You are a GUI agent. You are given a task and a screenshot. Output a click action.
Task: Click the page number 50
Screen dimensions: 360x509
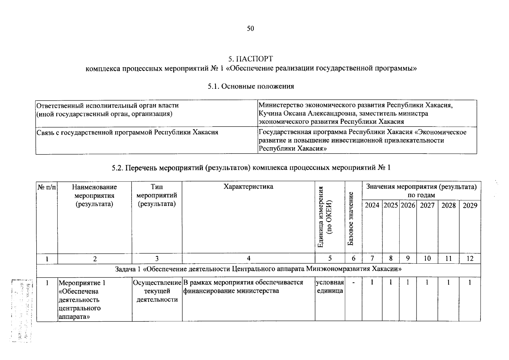pos(250,28)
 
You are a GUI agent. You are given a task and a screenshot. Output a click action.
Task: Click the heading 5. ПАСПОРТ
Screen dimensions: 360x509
pos(251,58)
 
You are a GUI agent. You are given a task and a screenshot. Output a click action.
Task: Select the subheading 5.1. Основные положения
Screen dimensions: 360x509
pos(251,86)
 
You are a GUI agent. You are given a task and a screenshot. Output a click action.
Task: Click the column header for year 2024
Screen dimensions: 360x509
pos(372,205)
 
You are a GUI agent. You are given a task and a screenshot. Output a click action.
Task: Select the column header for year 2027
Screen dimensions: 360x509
pos(427,205)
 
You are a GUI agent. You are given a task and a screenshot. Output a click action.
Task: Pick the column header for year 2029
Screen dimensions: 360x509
pos(470,205)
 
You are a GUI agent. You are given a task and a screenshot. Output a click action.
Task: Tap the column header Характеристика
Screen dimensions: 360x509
pos(248,187)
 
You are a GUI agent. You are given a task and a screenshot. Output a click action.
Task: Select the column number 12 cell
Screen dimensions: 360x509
pos(470,258)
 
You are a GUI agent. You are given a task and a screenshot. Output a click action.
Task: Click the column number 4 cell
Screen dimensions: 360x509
pos(248,258)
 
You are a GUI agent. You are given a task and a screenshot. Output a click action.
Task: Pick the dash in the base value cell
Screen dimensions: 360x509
pos(353,283)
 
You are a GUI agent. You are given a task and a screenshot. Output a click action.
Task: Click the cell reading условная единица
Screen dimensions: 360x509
pos(330,286)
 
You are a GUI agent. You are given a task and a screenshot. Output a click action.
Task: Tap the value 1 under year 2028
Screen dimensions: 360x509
pos(448,283)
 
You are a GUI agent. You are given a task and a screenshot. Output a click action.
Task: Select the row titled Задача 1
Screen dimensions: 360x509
pos(258,269)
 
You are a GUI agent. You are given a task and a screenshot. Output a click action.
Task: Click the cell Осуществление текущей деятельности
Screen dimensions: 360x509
pos(157,291)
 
